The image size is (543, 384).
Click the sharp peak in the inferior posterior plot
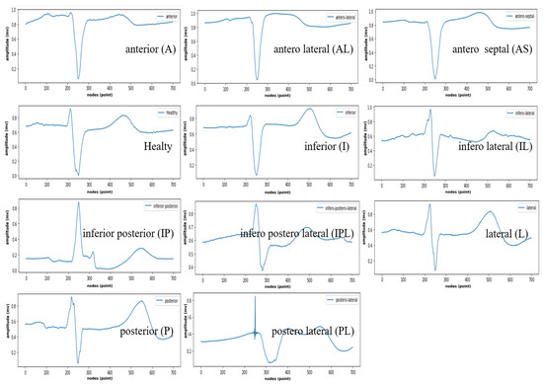78,204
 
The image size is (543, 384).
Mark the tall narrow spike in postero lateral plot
255,299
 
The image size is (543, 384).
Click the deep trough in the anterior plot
78,77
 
